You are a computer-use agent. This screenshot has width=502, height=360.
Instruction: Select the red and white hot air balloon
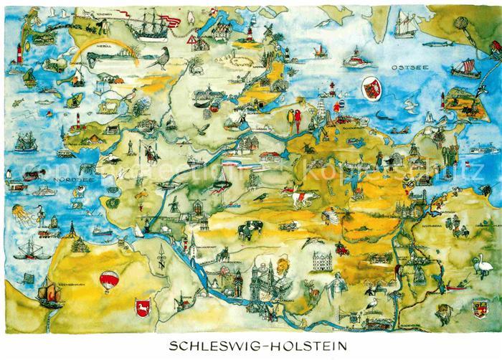click(108, 280)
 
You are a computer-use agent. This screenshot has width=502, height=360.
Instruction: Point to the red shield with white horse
click(141, 308)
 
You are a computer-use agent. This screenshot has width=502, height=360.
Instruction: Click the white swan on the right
click(478, 267)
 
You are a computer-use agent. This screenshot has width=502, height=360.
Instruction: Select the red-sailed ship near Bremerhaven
click(47, 292)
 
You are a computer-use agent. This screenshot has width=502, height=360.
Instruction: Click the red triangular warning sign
click(190, 41)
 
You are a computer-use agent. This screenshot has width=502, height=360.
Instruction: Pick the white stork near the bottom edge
click(371, 304)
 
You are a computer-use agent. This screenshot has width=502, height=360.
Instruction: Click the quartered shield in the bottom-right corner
click(479, 308)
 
